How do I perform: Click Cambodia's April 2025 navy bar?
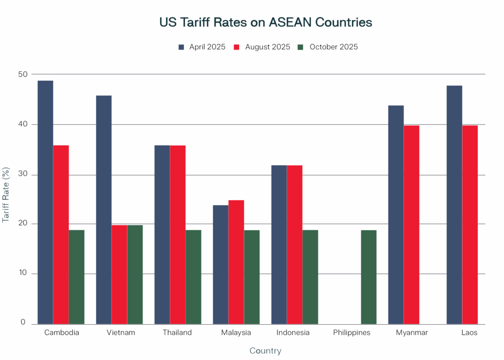click(45, 202)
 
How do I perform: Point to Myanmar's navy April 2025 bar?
click(396, 214)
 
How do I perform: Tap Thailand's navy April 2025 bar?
click(162, 235)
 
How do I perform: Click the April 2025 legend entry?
click(202, 47)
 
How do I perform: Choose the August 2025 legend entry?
click(263, 47)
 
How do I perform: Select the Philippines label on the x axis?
click(351, 332)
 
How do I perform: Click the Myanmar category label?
click(412, 332)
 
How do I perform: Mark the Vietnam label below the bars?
click(121, 332)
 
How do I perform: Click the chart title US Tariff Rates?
click(265, 23)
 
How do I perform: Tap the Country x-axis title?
click(265, 351)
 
